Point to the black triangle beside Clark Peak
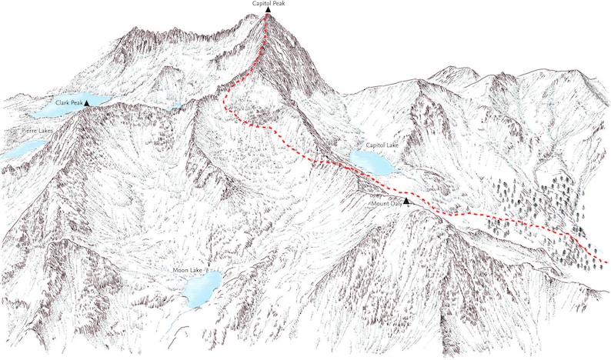[x=87, y=102]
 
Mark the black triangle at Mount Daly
[x=406, y=201]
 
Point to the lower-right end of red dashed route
[x=607, y=263]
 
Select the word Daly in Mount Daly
[x=396, y=203]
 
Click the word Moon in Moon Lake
[x=181, y=270]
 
